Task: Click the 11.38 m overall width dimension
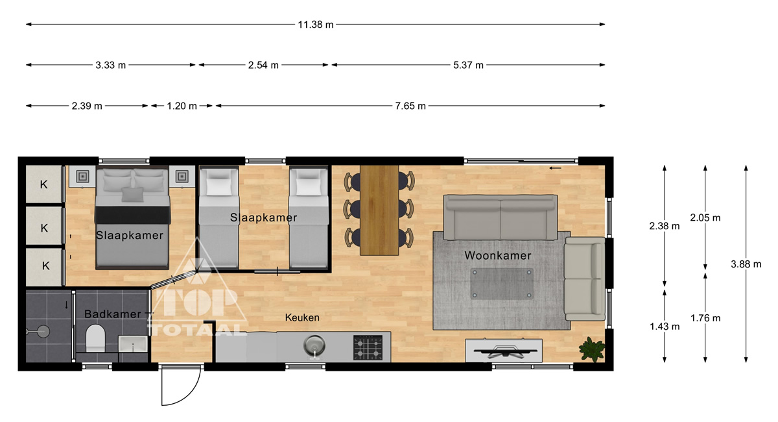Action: [x=315, y=25]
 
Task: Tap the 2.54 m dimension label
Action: [x=263, y=65]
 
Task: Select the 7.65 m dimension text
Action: [x=410, y=106]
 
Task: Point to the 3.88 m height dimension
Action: [x=746, y=264]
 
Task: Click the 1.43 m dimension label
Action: [x=665, y=327]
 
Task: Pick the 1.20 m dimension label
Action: [x=182, y=106]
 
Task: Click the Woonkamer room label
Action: [x=498, y=256]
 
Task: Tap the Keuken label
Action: [x=302, y=317]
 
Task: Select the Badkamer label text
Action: [x=113, y=314]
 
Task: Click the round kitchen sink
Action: [x=314, y=345]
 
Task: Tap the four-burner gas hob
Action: [x=368, y=347]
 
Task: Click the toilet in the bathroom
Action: [x=95, y=338]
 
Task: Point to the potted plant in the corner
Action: [x=592, y=349]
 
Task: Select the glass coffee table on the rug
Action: [x=502, y=284]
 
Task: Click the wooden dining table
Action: [x=379, y=210]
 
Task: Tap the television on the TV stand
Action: [x=504, y=351]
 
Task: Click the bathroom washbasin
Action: [x=133, y=343]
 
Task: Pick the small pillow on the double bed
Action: [x=132, y=194]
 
